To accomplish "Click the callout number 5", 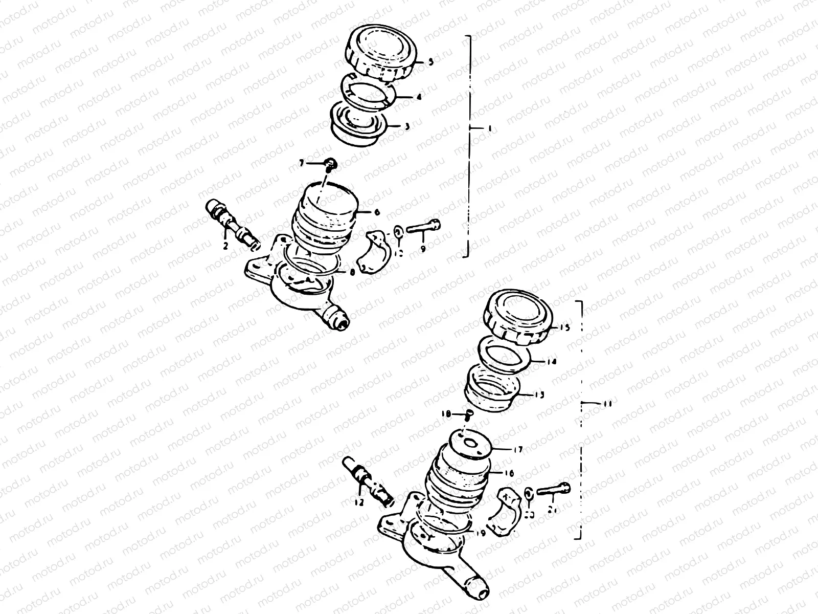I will [430, 62].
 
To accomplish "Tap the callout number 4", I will [419, 97].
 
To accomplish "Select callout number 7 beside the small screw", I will [316, 163].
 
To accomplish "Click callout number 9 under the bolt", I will [423, 249].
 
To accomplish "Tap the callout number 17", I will [518, 450].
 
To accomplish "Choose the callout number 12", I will [359, 503].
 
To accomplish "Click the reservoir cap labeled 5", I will [381, 55].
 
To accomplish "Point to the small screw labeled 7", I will [331, 163].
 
